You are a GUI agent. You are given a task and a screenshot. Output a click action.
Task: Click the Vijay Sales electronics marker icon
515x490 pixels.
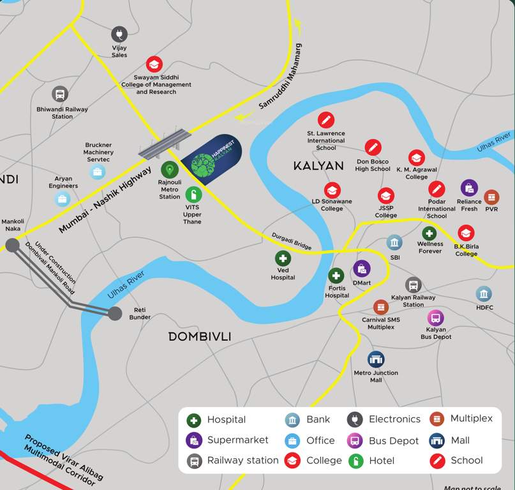[x=119, y=34]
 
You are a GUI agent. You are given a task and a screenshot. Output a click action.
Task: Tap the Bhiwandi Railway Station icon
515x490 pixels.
[x=60, y=94]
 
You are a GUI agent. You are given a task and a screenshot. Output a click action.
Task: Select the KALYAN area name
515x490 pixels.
[x=318, y=166]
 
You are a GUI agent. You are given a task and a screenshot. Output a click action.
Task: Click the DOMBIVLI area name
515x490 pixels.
[x=200, y=336]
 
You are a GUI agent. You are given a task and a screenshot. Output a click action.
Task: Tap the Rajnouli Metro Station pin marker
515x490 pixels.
[x=169, y=170]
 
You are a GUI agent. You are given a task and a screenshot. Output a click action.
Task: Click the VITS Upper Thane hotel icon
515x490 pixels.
[x=193, y=195]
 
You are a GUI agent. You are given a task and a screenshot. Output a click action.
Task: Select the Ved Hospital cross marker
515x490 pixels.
[x=283, y=258]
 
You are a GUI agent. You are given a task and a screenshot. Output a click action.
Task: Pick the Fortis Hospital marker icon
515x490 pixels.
[x=336, y=276]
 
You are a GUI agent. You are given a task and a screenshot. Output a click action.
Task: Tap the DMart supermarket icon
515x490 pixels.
[x=362, y=269]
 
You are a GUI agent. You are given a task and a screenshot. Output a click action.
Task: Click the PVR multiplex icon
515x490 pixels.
[x=491, y=197]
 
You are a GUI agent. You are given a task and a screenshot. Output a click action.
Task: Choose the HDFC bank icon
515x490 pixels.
[x=484, y=293]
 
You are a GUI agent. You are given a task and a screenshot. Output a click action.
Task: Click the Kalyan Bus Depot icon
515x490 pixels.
[x=436, y=317]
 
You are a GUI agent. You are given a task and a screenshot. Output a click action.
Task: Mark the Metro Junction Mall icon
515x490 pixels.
[x=376, y=359]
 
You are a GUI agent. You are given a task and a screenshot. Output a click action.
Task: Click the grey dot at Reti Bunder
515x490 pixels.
[x=115, y=313]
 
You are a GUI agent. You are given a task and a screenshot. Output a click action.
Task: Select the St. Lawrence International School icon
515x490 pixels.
[x=326, y=119]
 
